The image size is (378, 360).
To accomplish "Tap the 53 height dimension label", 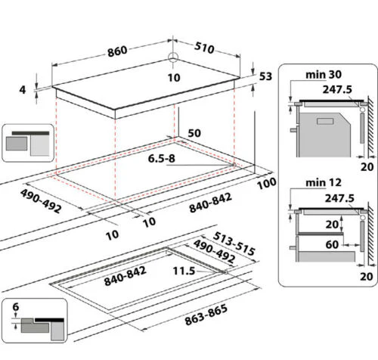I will click(x=265, y=76).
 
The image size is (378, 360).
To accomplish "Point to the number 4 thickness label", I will click(x=23, y=89).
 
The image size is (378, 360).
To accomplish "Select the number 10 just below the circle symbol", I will click(x=174, y=77).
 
